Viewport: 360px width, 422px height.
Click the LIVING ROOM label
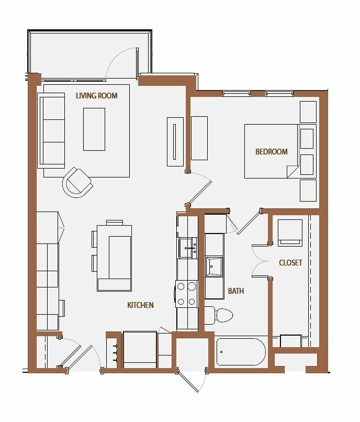pyautogui.click(x=97, y=96)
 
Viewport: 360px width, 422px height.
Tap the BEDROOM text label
pyautogui.click(x=272, y=152)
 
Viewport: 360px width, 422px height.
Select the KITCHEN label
pyautogui.click(x=140, y=305)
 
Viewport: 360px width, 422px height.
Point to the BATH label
pyautogui.click(x=236, y=291)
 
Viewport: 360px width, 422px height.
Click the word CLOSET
pyautogui.click(x=290, y=263)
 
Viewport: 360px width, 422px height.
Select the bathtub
pyautogui.click(x=241, y=352)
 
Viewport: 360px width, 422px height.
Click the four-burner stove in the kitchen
pyautogui.click(x=186, y=294)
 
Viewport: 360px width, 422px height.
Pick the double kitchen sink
pyautogui.click(x=188, y=248)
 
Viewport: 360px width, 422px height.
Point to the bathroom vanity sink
pyautogui.click(x=214, y=266)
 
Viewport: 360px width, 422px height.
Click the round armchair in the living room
pyautogui.click(x=78, y=182)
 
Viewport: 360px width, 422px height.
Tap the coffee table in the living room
pyautogui.click(x=94, y=129)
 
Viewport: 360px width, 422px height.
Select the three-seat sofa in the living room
pyautogui.click(x=51, y=130)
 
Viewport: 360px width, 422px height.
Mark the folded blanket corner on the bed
pyautogui.click(x=292, y=171)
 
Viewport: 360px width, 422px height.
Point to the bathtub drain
pyautogui.click(x=221, y=352)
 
